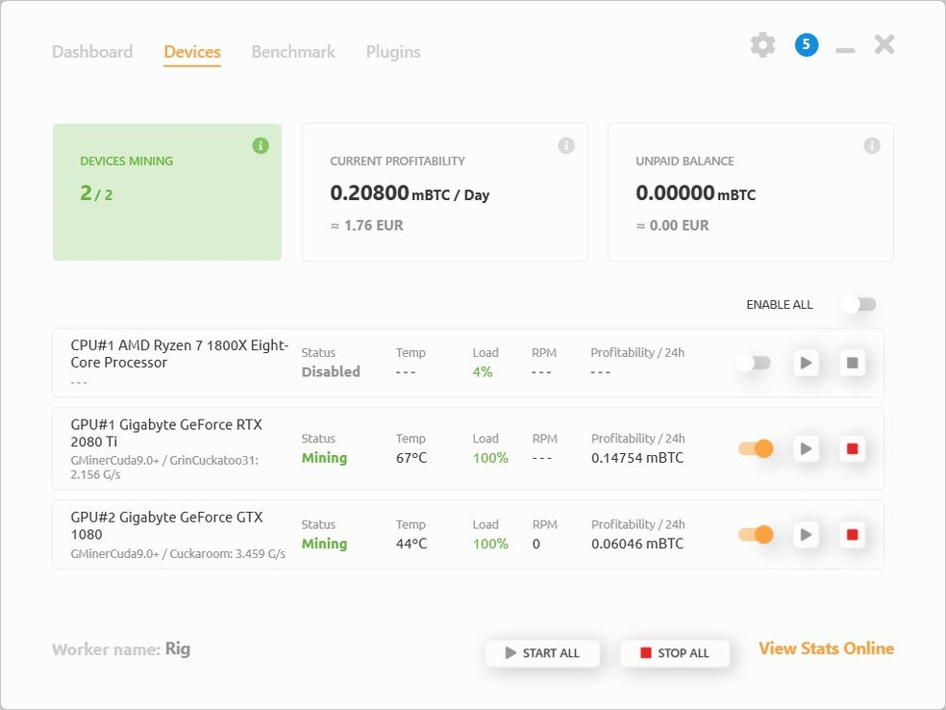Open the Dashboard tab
pos(92,52)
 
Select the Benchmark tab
pos(293,52)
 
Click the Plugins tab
pos(393,53)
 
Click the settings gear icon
pos(762,45)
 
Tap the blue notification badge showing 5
pos(807,44)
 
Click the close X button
pos(884,44)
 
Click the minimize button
pos(845,51)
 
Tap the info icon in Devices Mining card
pos(261,145)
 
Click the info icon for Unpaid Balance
pos(872,145)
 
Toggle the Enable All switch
pos(859,304)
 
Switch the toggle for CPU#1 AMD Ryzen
pos(754,363)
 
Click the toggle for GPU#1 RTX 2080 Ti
pos(756,448)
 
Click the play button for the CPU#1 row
pos(806,363)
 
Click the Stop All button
pos(675,652)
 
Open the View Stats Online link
pos(826,648)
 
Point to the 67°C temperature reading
pos(411,458)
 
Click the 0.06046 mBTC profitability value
pos(637,544)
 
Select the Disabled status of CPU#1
pos(331,372)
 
